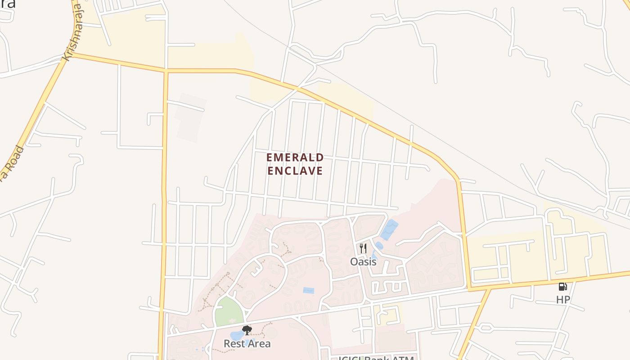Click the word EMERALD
point(295,157)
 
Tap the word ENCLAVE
point(295,171)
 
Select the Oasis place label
point(363,261)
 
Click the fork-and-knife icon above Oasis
point(363,248)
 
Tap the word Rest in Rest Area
point(235,344)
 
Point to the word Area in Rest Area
point(260,344)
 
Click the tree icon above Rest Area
point(247,331)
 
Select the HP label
point(563,300)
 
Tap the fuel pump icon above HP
point(562,286)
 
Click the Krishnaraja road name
point(73,32)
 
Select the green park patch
point(229,311)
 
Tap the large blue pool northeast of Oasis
point(389,230)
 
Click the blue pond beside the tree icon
point(236,336)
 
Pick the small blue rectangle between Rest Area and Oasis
point(308,291)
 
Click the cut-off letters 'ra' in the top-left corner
point(7,4)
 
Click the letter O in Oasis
point(354,261)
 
